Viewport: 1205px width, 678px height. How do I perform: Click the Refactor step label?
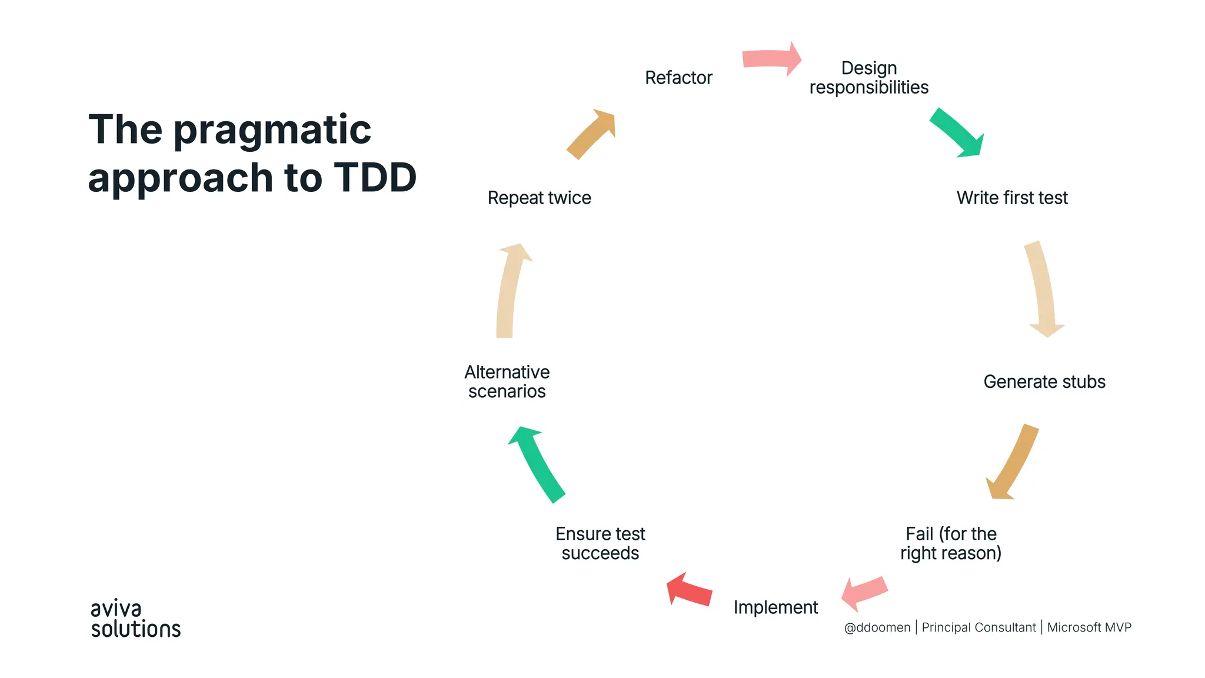tap(678, 78)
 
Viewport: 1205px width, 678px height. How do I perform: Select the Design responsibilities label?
tap(868, 78)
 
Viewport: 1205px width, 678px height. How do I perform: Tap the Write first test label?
tap(1011, 198)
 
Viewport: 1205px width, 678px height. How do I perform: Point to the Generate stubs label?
tap(1044, 382)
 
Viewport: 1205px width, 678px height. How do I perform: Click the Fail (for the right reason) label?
tap(951, 543)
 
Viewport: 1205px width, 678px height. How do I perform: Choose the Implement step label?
tap(775, 607)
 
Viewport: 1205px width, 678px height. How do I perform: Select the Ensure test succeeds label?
tap(600, 543)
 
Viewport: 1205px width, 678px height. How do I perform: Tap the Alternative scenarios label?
tap(507, 382)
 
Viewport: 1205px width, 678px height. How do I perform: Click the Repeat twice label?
tap(539, 198)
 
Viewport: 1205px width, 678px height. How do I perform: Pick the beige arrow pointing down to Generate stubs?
tap(1043, 288)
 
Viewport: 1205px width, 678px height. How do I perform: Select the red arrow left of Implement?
tap(690, 590)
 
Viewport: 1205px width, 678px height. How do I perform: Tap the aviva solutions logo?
tap(135, 619)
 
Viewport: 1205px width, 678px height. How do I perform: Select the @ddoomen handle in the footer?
tap(877, 627)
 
